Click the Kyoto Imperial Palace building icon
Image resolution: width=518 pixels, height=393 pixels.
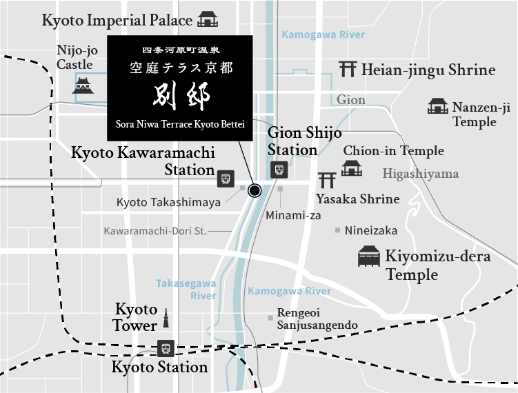point(207,19)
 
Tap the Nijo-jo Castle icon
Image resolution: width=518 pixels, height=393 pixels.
point(83,85)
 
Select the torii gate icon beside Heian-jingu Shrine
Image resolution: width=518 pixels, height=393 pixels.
point(348,69)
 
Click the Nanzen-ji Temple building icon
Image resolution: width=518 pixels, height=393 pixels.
point(438,106)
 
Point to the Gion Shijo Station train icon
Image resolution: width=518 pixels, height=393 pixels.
point(279,169)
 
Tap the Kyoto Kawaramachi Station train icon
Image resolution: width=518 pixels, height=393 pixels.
point(225,178)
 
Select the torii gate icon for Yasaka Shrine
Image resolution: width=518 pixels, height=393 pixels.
point(327,181)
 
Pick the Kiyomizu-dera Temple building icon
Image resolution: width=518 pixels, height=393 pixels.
point(369,257)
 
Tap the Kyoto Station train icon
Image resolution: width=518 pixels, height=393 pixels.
point(165,348)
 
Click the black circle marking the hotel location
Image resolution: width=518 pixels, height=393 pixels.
point(255,190)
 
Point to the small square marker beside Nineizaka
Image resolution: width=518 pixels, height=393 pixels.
point(337,230)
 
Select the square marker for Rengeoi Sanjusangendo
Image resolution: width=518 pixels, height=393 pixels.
point(270,318)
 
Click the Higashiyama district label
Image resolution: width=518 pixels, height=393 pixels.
point(421,174)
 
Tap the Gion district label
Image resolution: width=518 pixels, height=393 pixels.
point(351,100)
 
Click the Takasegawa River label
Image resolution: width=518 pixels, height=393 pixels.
point(186,290)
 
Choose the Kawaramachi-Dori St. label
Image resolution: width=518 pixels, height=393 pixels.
point(155,230)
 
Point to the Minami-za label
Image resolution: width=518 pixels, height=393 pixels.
point(293,215)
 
